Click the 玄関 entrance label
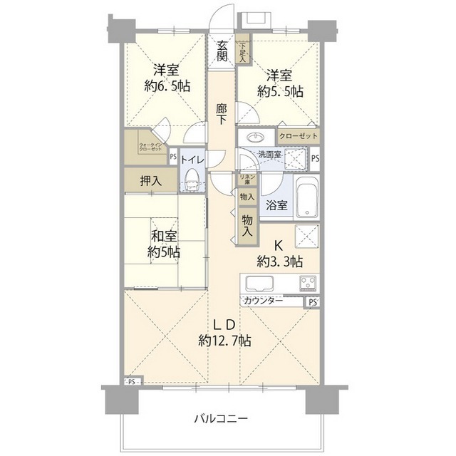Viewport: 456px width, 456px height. pos(222,51)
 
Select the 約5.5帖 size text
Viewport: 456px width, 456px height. pos(280,91)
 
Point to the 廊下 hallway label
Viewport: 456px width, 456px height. pos(222,114)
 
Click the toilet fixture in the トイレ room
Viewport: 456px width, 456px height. pos(190,185)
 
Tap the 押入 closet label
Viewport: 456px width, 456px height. pos(150,181)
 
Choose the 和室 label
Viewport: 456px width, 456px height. pos(163,236)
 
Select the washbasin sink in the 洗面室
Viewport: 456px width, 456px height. pos(254,137)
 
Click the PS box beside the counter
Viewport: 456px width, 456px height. pos(313,302)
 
